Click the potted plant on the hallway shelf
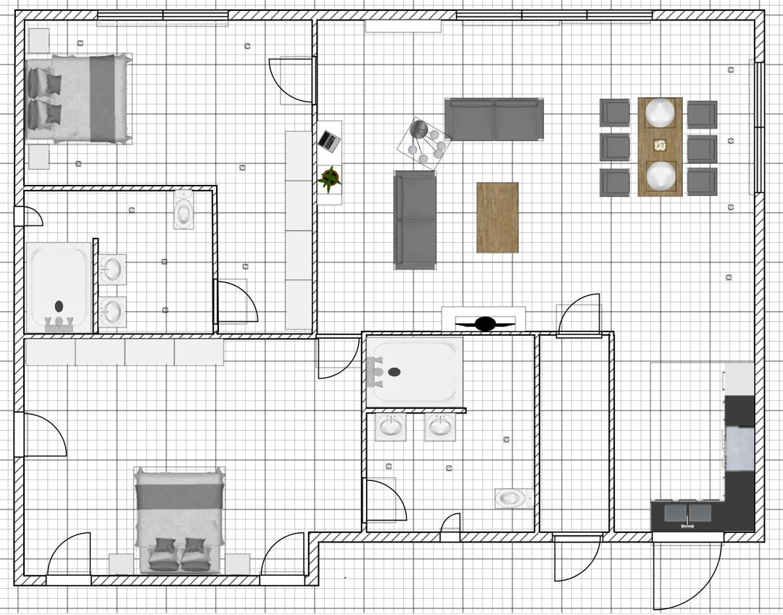pyautogui.click(x=329, y=179)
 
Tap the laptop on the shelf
pyautogui.click(x=329, y=140)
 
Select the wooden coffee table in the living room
pyautogui.click(x=497, y=218)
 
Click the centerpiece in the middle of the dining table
pyautogui.click(x=660, y=145)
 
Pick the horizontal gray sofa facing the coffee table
pyautogui.click(x=494, y=120)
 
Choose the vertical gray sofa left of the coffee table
pyautogui.click(x=415, y=219)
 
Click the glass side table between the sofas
pyautogui.click(x=425, y=144)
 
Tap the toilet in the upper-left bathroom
pyautogui.click(x=184, y=210)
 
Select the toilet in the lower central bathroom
pyautogui.click(x=512, y=498)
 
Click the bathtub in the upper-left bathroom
pyautogui.click(x=59, y=287)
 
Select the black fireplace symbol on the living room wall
pyautogui.click(x=484, y=323)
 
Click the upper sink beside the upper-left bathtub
pyautogui.click(x=112, y=269)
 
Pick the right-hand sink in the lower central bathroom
pyautogui.click(x=439, y=426)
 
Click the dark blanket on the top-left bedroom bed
pyautogui.click(x=102, y=98)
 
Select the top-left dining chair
pyautogui.click(x=615, y=113)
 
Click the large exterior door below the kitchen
pyautogui.click(x=687, y=573)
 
